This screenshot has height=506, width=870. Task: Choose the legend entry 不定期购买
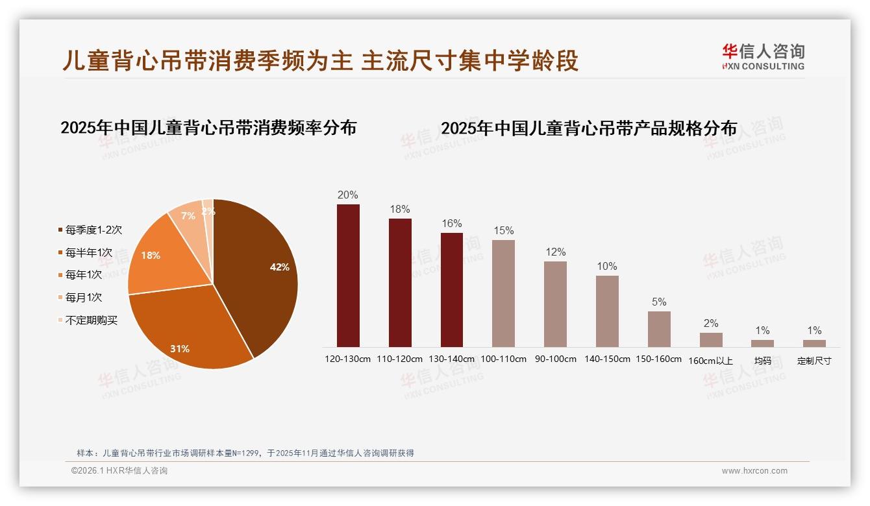tap(92, 320)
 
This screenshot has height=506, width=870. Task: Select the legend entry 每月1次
tap(84, 298)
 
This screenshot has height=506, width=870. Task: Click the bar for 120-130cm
tap(348, 276)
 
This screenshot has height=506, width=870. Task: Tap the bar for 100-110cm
tap(503, 293)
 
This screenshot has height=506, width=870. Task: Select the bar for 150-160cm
tap(659, 329)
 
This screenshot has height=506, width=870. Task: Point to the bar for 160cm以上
tap(711, 340)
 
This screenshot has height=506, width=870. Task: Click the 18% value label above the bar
tap(400, 210)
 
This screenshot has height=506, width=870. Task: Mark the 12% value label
tap(555, 252)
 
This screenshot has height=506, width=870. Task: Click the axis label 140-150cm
tap(607, 359)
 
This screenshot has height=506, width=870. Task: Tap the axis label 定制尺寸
tap(814, 361)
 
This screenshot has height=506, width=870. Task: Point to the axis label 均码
tap(762, 361)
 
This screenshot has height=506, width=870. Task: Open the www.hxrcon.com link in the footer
tap(754, 471)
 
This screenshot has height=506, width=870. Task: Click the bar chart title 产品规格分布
tap(589, 128)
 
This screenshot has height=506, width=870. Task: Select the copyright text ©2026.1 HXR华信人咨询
tap(119, 471)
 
